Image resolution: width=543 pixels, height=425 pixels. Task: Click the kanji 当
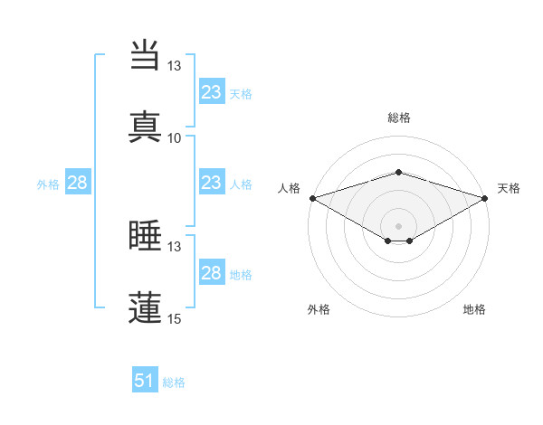[x=146, y=55]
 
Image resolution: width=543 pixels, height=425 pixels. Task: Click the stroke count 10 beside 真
[x=174, y=137]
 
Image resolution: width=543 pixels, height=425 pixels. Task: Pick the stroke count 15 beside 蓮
[x=174, y=318]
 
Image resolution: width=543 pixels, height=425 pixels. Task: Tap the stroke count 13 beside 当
[x=174, y=66]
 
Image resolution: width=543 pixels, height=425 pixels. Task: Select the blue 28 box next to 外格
[x=78, y=183]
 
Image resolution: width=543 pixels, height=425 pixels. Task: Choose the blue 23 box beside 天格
[x=212, y=92]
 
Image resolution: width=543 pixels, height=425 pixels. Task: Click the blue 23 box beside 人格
[x=212, y=183]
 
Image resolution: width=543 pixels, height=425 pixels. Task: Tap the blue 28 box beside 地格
[x=212, y=273]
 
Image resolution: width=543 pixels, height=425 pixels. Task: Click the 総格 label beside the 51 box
[x=174, y=382]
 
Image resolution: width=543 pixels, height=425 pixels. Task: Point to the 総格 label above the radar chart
[x=399, y=118]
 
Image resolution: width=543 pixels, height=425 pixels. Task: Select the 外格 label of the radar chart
[x=319, y=309]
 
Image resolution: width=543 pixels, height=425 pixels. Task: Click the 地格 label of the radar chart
[x=474, y=309]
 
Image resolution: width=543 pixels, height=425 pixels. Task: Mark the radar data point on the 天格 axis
[x=485, y=197]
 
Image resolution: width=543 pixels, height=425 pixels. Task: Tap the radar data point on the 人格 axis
[x=312, y=197]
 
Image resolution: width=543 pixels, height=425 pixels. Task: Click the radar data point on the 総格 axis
[x=399, y=172]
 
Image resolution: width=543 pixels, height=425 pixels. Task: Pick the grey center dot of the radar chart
[x=399, y=225]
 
